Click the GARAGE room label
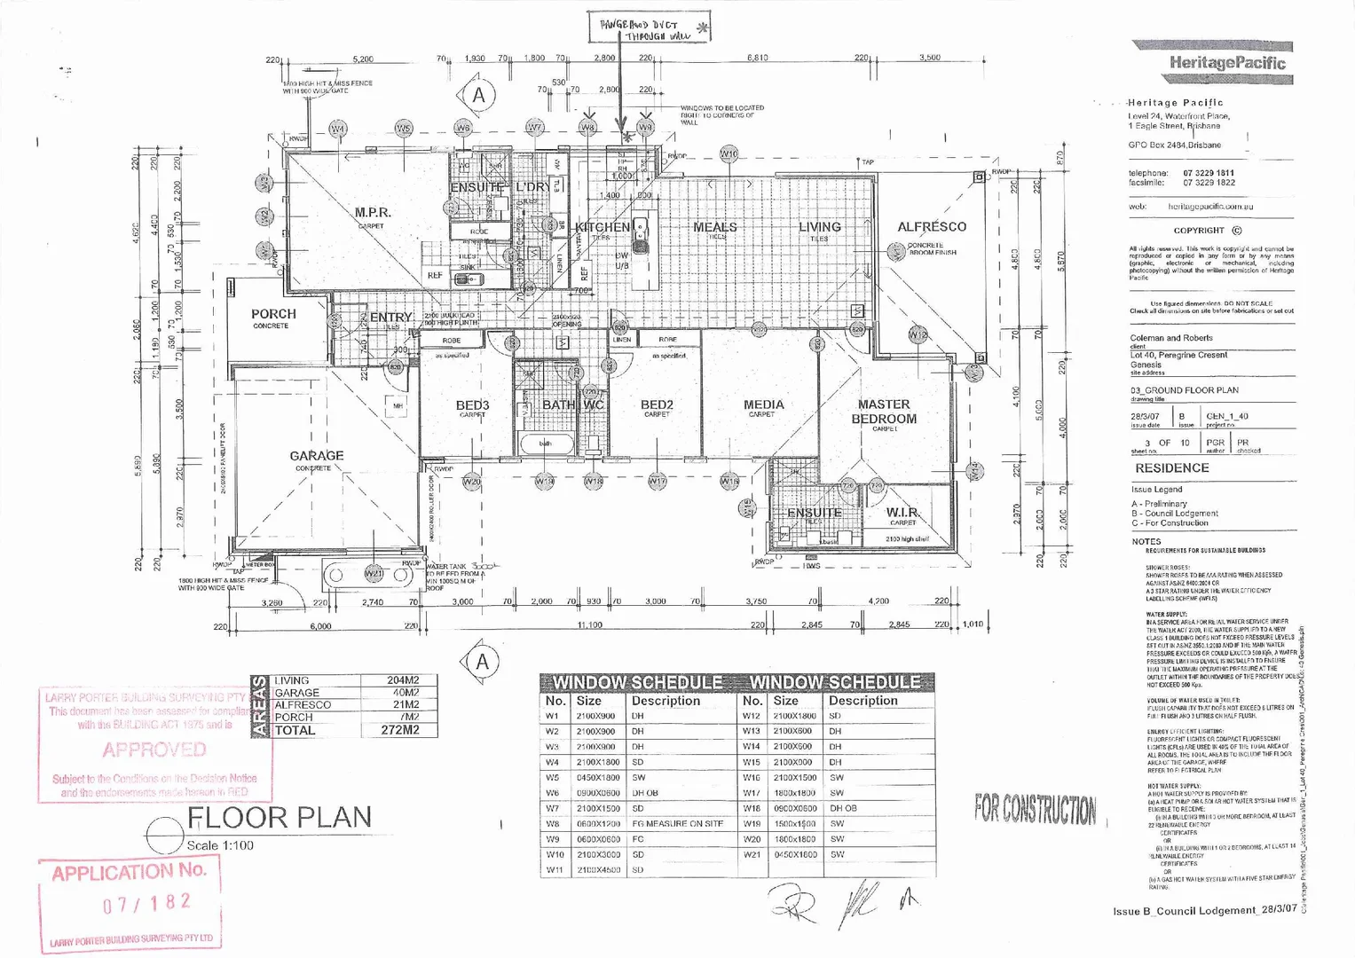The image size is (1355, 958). pyautogui.click(x=316, y=456)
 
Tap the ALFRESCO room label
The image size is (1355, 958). pyautogui.click(x=932, y=227)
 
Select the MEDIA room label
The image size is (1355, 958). pyautogui.click(x=763, y=404)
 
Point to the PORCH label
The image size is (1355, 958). pyautogui.click(x=273, y=314)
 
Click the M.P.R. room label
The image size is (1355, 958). pyautogui.click(x=373, y=213)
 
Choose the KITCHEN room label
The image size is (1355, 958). pyautogui.click(x=603, y=228)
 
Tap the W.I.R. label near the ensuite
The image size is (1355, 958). pyautogui.click(x=902, y=513)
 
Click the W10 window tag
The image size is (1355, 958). pyautogui.click(x=729, y=154)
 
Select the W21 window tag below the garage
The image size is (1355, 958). pyautogui.click(x=374, y=574)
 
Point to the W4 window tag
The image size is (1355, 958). pyautogui.click(x=338, y=130)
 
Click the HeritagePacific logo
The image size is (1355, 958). pyautogui.click(x=1226, y=62)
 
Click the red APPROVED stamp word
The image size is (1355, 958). pyautogui.click(x=154, y=750)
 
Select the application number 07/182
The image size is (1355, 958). pyautogui.click(x=146, y=904)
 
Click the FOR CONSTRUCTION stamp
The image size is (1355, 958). pyautogui.click(x=1035, y=809)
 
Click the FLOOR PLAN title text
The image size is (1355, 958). pyautogui.click(x=280, y=817)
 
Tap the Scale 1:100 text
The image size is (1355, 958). pyautogui.click(x=220, y=845)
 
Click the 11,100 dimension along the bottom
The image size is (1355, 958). pyautogui.click(x=589, y=625)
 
